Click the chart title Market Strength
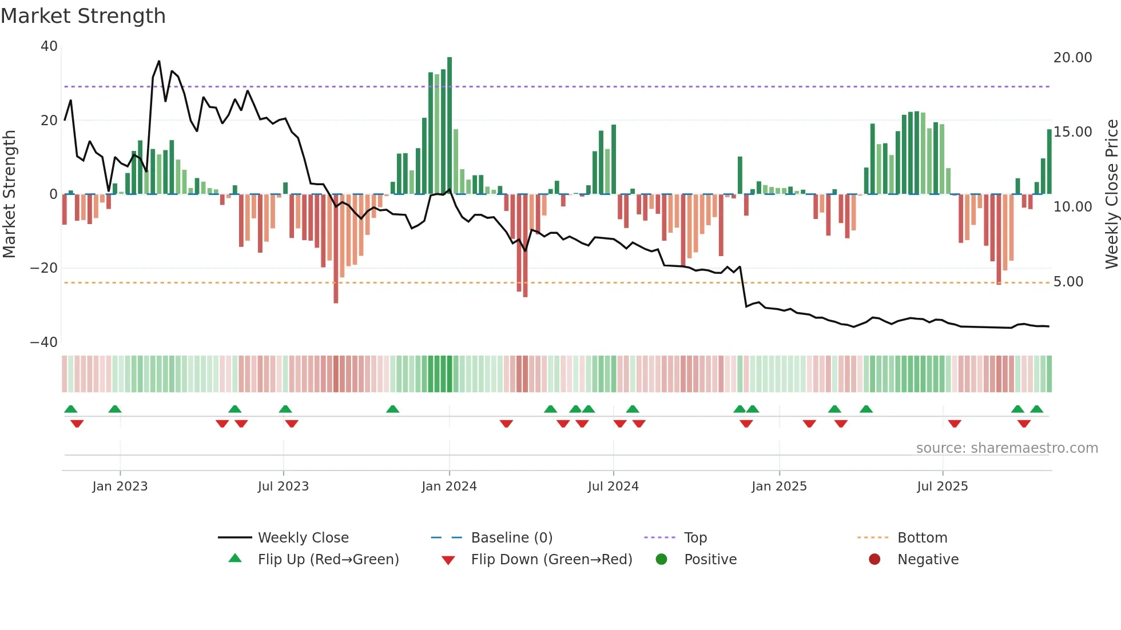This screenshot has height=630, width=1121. pyautogui.click(x=83, y=16)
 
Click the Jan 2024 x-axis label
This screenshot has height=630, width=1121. pyautogui.click(x=449, y=487)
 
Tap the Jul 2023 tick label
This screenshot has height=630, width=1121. pyautogui.click(x=283, y=487)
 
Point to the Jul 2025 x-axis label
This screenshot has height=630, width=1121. pyautogui.click(x=942, y=487)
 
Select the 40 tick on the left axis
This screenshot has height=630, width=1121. pyautogui.click(x=49, y=46)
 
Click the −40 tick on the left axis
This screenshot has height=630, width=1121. pyautogui.click(x=44, y=342)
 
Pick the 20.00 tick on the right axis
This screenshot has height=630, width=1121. pyautogui.click(x=1072, y=58)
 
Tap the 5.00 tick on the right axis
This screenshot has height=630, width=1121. pyautogui.click(x=1068, y=282)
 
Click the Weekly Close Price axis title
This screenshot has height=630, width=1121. pyautogui.click(x=1111, y=194)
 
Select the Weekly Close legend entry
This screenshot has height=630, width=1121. pyautogui.click(x=303, y=538)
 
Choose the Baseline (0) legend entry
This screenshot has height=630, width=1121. pyautogui.click(x=511, y=538)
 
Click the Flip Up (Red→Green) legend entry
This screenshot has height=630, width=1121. pyautogui.click(x=328, y=560)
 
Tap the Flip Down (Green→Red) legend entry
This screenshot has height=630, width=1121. pyautogui.click(x=551, y=560)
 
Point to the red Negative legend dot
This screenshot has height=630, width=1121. pyautogui.click(x=874, y=560)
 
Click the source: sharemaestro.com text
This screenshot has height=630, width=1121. pyautogui.click(x=1007, y=448)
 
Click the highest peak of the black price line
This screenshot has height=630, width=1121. pyautogui.click(x=159, y=61)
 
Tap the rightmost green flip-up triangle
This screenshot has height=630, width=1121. pyautogui.click(x=1036, y=409)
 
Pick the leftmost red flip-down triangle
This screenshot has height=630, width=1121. pyautogui.click(x=77, y=424)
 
